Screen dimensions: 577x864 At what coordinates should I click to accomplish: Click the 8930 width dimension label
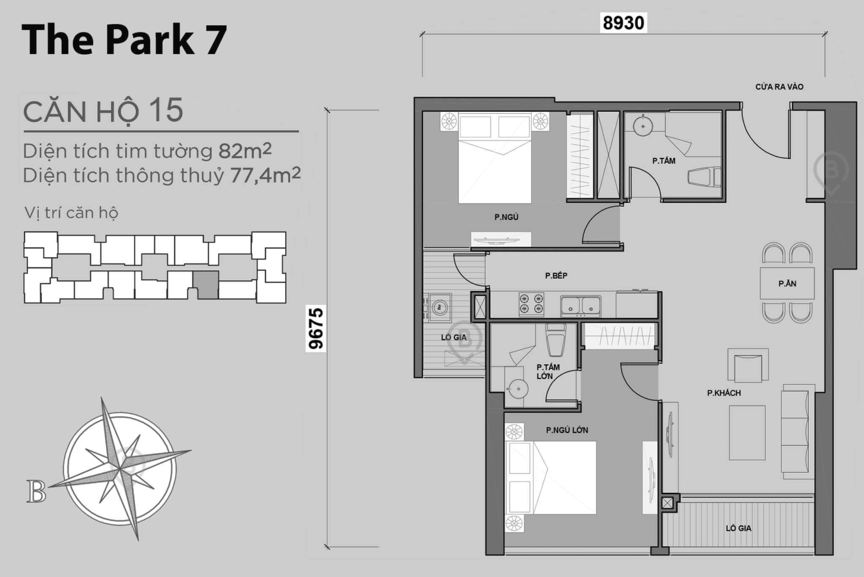[623, 23]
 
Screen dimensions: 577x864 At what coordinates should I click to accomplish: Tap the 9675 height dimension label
[316, 328]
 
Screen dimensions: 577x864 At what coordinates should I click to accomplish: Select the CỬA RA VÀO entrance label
[779, 87]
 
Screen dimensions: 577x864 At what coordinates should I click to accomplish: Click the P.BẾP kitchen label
[556, 275]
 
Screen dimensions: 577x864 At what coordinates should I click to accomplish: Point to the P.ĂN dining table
[787, 284]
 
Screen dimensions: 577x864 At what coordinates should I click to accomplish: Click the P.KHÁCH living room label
[723, 393]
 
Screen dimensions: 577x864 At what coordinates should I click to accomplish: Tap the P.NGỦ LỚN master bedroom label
[566, 430]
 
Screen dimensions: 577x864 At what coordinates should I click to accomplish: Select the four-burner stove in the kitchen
[530, 305]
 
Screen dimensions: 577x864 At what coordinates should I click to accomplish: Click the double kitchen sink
[580, 306]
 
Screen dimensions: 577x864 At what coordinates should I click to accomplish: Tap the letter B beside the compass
[36, 491]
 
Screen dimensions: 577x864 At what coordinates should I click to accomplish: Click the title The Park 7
[124, 39]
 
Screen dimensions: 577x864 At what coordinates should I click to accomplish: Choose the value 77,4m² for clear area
[265, 176]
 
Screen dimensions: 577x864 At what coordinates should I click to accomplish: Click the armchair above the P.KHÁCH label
[748, 365]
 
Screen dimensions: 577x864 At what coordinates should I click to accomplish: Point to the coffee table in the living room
[747, 432]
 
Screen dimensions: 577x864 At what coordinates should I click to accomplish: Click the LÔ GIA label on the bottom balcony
[738, 528]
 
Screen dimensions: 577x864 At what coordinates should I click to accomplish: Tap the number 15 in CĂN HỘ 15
[166, 110]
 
